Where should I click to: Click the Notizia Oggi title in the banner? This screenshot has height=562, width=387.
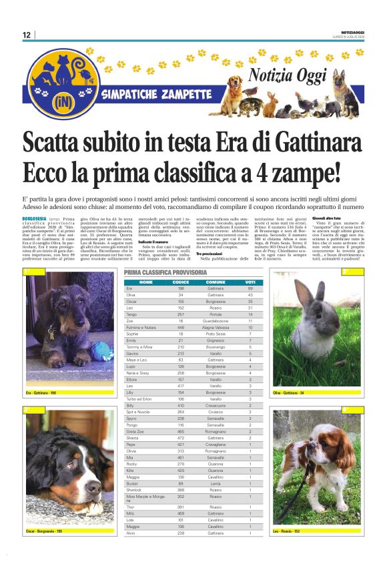[x=291, y=73]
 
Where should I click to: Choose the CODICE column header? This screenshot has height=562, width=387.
[x=181, y=282]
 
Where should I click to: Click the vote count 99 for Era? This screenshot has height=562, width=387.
[x=250, y=288]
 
